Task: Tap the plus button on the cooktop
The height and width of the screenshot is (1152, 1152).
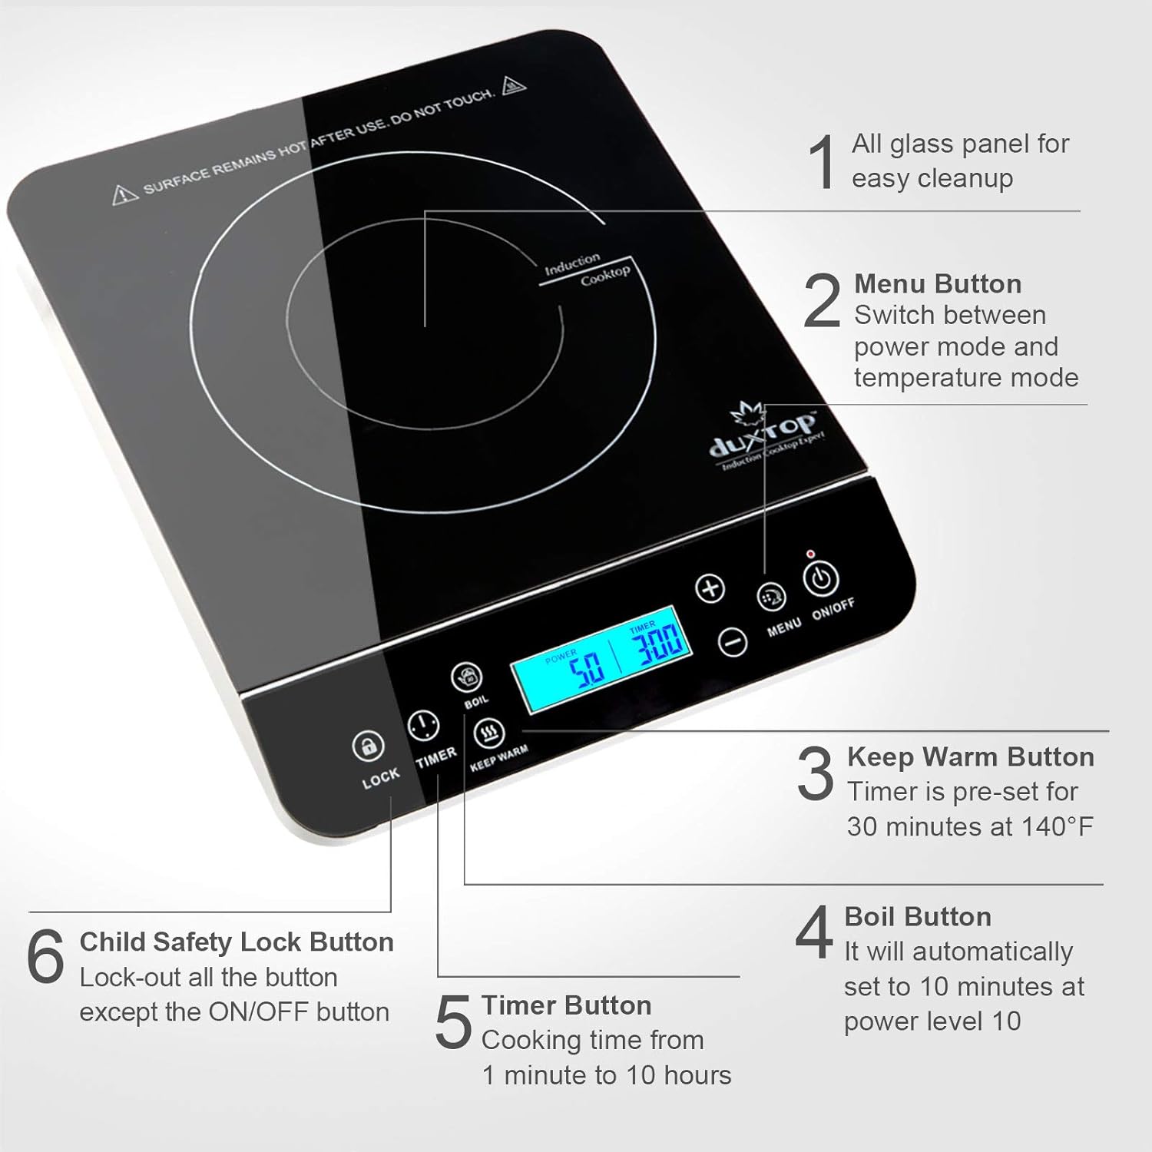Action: (x=710, y=589)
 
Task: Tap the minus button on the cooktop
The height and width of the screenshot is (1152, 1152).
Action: (x=732, y=642)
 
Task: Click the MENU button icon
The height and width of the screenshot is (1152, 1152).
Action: (x=771, y=597)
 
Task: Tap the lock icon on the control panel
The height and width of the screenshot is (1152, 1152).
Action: (x=368, y=746)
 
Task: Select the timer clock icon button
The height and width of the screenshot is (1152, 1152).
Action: (x=423, y=725)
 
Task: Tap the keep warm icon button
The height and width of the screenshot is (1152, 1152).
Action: (x=488, y=734)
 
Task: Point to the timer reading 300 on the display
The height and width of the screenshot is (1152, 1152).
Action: (x=660, y=644)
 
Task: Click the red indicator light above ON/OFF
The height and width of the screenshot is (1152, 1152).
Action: (x=809, y=554)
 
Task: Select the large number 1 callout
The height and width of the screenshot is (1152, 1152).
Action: (x=823, y=161)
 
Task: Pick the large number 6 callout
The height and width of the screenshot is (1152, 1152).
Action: (x=45, y=956)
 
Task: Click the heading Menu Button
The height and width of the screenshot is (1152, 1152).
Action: (x=938, y=284)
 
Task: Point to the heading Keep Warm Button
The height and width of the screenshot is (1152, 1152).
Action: (x=971, y=757)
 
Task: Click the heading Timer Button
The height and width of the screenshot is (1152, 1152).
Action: (x=566, y=1005)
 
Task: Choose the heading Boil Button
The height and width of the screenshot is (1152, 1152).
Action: (x=918, y=917)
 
